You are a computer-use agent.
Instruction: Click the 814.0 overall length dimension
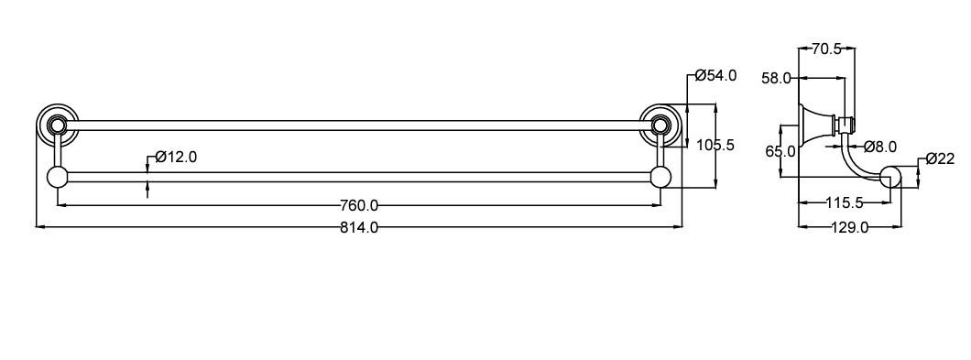coord(359,227)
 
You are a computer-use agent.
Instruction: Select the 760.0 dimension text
coord(359,204)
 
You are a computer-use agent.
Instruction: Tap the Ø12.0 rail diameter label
coord(176,157)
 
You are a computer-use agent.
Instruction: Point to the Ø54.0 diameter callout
coord(715,76)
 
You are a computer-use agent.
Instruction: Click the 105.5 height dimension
coord(715,145)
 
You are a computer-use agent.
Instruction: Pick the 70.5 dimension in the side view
coord(826,49)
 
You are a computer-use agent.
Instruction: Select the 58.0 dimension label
coord(776,78)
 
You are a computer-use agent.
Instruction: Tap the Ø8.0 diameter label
coord(879,147)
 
